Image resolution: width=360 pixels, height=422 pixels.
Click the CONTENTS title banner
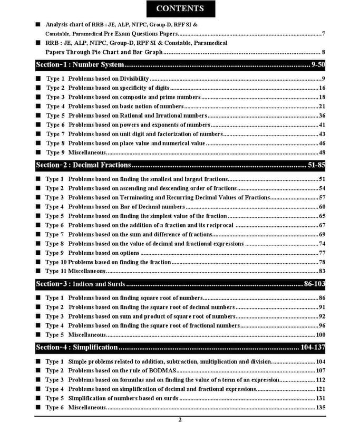(x=180, y=9)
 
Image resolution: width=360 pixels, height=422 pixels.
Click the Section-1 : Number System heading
(x=80, y=65)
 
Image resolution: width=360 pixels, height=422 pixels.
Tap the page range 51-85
(x=316, y=165)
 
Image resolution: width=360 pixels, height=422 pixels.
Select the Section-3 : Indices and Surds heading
(x=80, y=284)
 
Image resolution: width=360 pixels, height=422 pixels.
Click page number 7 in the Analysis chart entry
(x=323, y=34)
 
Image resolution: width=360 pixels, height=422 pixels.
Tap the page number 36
(x=322, y=116)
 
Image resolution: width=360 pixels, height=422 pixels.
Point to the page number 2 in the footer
(x=180, y=419)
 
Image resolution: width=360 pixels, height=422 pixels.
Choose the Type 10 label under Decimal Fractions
(x=56, y=262)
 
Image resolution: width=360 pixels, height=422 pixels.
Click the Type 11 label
(x=56, y=271)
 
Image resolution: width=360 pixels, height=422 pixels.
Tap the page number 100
(x=320, y=334)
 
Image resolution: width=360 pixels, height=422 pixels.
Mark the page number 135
(x=320, y=407)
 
